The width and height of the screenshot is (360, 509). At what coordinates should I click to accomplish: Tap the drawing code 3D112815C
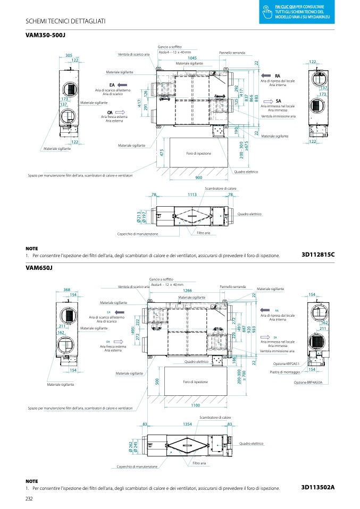point(317,255)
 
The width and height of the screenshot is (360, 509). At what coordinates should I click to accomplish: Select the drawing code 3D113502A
point(317,488)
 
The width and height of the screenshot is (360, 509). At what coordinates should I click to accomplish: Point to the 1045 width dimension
point(192,58)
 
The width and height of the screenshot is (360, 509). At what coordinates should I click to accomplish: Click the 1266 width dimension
point(187,291)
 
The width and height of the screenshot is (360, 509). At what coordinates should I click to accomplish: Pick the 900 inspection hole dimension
point(199,177)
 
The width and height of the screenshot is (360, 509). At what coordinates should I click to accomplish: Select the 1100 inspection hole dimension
point(195,405)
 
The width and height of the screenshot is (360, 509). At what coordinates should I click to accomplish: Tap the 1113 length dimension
point(192,195)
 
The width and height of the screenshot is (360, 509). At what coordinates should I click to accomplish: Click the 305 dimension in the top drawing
point(69,55)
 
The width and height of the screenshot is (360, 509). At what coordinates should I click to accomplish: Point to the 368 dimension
point(67,290)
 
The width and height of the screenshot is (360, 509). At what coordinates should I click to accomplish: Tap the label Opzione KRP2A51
point(286,363)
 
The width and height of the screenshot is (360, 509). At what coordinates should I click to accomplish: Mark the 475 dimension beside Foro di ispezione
point(161,152)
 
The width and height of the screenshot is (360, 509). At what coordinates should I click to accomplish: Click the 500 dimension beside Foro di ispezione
point(157,381)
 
